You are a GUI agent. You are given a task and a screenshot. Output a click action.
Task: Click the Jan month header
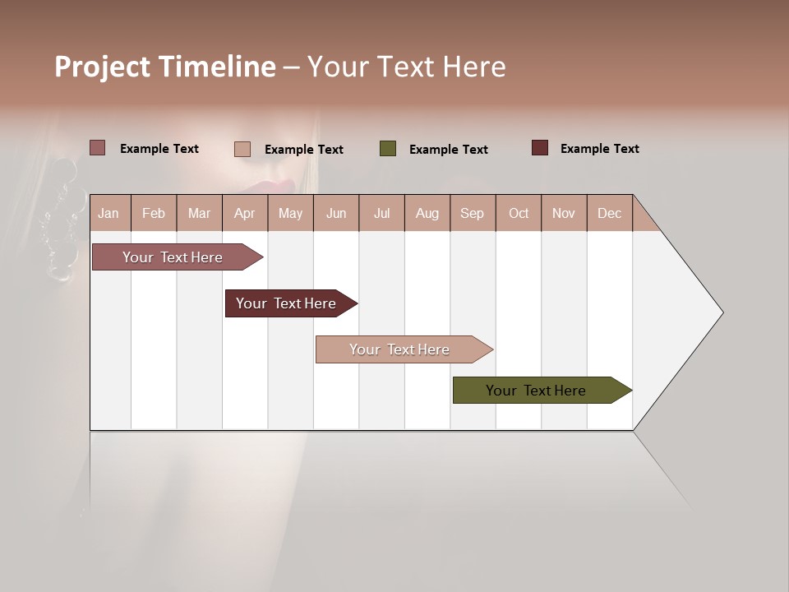pos(109,214)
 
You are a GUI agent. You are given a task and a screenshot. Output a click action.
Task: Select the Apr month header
pos(244,214)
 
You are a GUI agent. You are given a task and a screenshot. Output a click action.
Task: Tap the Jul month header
pos(381,214)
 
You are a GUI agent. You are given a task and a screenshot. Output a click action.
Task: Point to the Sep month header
pos(472,214)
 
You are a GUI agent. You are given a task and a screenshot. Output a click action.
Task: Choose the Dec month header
pos(609,214)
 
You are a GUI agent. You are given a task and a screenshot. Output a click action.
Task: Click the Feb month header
pos(154,214)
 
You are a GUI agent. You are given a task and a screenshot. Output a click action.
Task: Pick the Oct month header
pos(519,214)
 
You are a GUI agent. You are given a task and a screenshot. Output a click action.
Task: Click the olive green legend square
pos(388,149)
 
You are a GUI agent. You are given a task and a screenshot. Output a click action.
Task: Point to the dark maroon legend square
pos(539,148)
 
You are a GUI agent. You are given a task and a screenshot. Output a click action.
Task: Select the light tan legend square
pos(242,149)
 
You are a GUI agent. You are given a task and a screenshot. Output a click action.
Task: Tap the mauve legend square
pos(98,148)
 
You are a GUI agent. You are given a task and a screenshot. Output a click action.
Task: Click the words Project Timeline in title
pos(165,67)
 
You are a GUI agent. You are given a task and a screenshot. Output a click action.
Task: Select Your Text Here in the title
pos(407,67)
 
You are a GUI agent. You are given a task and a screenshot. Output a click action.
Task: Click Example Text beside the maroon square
pos(599,149)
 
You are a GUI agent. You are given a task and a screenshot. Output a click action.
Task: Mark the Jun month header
pos(336,214)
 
